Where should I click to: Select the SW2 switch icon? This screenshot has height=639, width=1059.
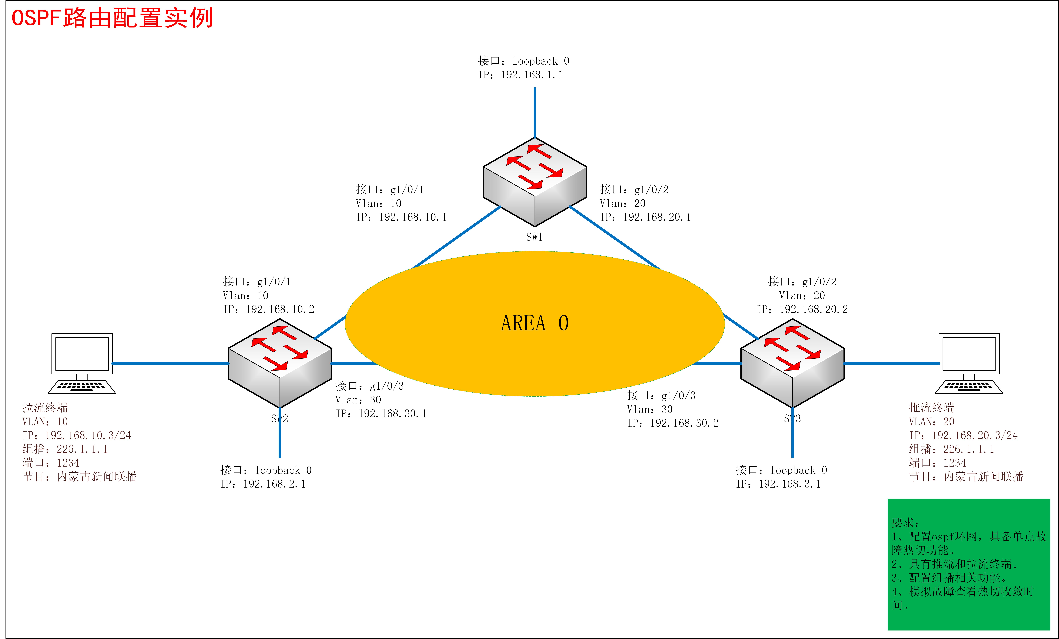(279, 363)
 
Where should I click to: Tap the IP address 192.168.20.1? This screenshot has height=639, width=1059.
(657, 217)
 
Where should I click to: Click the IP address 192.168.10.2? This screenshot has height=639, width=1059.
(280, 309)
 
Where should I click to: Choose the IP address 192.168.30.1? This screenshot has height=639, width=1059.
(392, 414)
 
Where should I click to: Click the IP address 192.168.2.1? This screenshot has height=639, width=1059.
(274, 484)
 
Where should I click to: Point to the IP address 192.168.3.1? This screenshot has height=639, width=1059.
(790, 484)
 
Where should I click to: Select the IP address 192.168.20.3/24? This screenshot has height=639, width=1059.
(974, 435)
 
